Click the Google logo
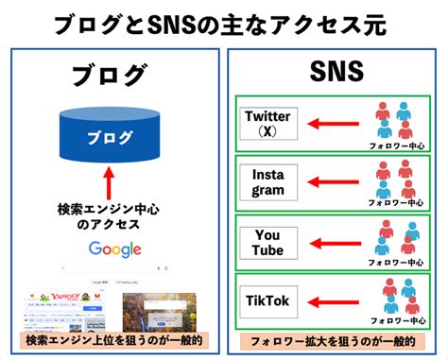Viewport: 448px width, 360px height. [x=114, y=249]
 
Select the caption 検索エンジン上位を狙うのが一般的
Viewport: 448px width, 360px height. [x=112, y=339]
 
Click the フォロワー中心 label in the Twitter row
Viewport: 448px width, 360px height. [x=397, y=146]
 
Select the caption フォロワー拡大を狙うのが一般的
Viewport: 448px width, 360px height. [x=335, y=339]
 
